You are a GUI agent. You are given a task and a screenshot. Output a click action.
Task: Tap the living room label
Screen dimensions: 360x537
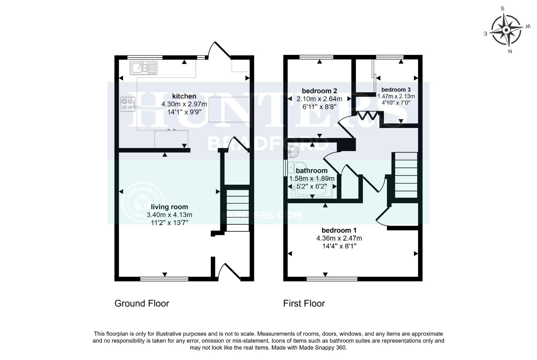click(x=169, y=207)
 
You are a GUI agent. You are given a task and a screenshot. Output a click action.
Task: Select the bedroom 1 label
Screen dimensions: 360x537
click(x=339, y=230)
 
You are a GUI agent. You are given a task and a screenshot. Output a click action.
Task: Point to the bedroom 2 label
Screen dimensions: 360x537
click(x=319, y=91)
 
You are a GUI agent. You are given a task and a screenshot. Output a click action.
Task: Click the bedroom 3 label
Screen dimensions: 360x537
click(x=396, y=90)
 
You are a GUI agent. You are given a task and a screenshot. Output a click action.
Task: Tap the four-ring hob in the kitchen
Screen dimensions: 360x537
click(x=128, y=103)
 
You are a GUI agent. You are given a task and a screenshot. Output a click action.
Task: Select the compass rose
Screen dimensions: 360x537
click(x=506, y=31)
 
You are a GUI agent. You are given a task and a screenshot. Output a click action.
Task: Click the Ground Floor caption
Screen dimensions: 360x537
click(x=142, y=303)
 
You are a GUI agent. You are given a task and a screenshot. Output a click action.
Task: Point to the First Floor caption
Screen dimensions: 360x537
click(x=304, y=303)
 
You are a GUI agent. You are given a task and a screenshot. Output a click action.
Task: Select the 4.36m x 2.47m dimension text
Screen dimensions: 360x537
click(x=339, y=238)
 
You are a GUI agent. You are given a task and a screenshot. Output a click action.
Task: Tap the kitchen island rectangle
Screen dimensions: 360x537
click(x=229, y=109)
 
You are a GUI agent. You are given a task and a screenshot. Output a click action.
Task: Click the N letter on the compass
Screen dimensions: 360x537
click(x=510, y=51)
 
